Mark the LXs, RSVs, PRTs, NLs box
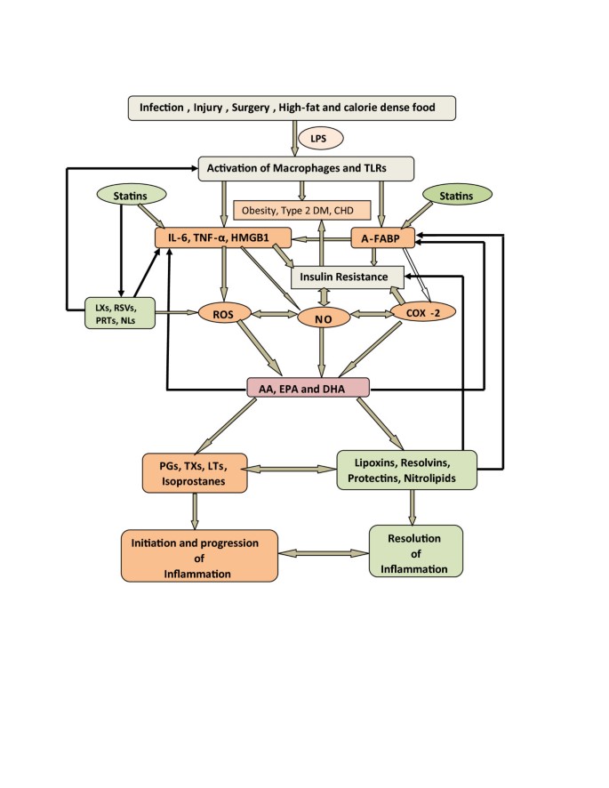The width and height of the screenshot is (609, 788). [x=118, y=312]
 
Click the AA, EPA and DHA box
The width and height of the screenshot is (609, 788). [x=307, y=388]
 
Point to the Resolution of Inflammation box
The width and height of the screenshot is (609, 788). [x=415, y=551]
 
